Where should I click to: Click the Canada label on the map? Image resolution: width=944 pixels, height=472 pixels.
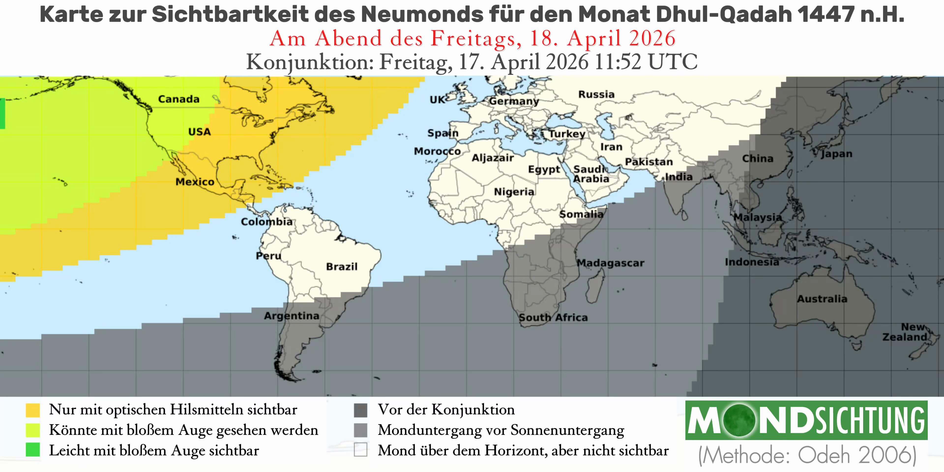178,99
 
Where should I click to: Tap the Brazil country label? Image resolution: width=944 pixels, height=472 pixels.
341,266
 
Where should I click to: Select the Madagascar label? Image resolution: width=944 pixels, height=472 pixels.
610,263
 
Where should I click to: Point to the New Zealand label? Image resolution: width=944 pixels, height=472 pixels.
905,332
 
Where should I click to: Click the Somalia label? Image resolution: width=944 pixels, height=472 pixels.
581,214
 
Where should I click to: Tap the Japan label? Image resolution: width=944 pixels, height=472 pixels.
836,154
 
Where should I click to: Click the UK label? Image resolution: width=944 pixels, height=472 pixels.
437,100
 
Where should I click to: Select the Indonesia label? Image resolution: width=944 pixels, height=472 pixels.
752,262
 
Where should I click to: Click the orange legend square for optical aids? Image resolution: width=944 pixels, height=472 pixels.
33,410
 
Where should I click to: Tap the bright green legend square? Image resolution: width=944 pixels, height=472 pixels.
33,450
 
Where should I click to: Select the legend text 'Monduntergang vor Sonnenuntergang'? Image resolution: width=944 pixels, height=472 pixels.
501,430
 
